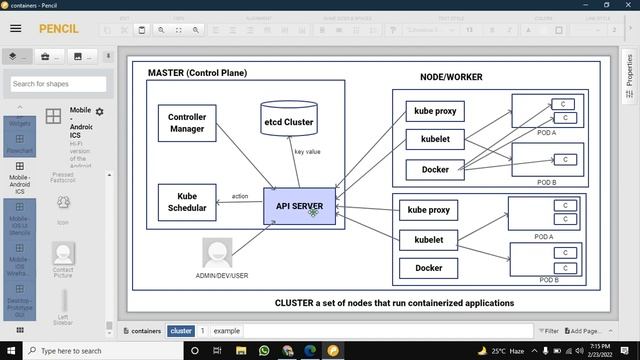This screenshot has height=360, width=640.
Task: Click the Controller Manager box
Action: (187, 123)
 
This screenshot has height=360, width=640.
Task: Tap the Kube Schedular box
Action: (186, 202)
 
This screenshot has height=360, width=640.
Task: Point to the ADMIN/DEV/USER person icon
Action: (217, 253)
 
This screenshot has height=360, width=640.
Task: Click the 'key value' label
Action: (307, 152)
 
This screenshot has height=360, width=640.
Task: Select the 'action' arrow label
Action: (240, 196)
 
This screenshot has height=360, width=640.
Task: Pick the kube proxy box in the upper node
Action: (435, 112)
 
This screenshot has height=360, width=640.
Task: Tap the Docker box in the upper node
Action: (435, 169)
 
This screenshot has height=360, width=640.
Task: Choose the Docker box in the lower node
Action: (428, 268)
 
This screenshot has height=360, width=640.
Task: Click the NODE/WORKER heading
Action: (451, 77)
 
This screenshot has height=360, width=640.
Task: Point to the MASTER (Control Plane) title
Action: (197, 73)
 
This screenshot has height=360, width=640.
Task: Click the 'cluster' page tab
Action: (181, 330)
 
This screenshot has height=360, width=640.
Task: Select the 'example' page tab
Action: (227, 330)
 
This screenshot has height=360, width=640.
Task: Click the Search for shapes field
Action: (58, 84)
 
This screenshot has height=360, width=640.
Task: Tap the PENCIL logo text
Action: (58, 29)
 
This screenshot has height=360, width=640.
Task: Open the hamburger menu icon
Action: (15, 29)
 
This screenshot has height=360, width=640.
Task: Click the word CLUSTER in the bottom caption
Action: (296, 302)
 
